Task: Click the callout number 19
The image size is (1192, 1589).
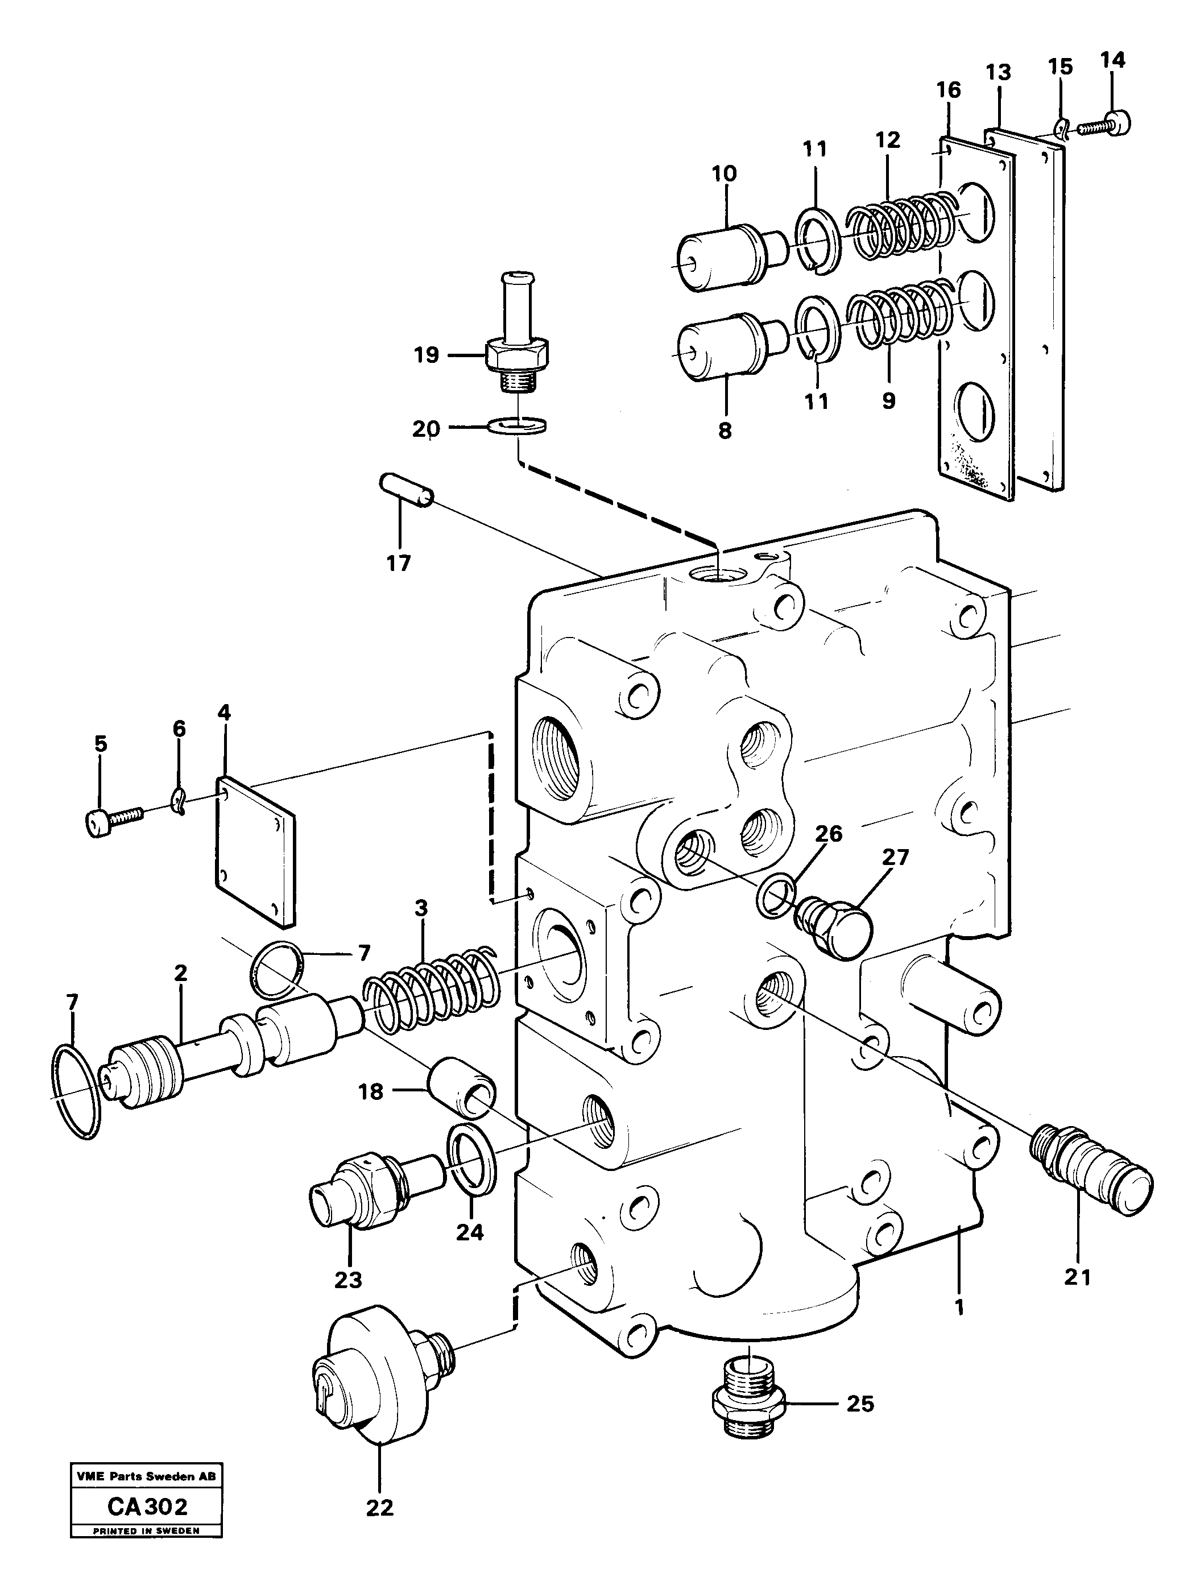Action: pyautogui.click(x=426, y=355)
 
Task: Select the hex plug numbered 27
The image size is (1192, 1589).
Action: pyautogui.click(x=835, y=926)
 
